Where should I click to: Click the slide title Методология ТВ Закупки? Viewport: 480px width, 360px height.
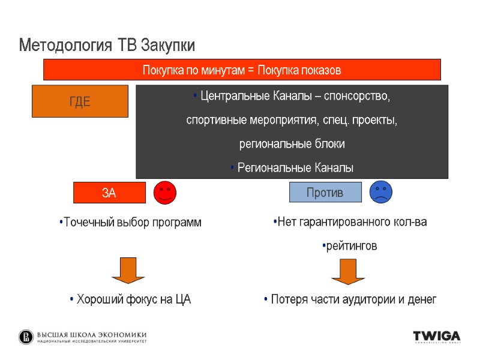(x=107, y=46)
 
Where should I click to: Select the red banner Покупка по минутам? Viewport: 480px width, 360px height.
(x=242, y=70)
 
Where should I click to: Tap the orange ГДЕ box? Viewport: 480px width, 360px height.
(x=80, y=101)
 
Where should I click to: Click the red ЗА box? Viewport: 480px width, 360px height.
(x=109, y=193)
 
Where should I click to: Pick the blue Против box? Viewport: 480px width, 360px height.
(x=325, y=193)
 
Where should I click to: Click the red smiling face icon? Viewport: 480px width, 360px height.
(x=165, y=192)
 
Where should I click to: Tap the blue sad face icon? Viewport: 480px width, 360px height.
(x=380, y=191)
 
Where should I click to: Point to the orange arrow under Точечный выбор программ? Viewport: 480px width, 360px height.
(x=128, y=270)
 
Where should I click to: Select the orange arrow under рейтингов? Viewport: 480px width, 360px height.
(x=348, y=271)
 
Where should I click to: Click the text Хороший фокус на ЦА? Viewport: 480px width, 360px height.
(x=130, y=299)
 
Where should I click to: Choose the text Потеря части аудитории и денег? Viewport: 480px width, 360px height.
(x=350, y=299)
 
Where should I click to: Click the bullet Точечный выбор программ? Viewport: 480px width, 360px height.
(x=131, y=223)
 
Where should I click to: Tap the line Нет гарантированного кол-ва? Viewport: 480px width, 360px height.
(x=350, y=223)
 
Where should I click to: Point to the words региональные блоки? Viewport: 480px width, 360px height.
(x=292, y=144)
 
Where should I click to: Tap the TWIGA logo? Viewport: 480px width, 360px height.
(x=436, y=337)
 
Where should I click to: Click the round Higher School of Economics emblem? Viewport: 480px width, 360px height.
(x=26, y=337)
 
